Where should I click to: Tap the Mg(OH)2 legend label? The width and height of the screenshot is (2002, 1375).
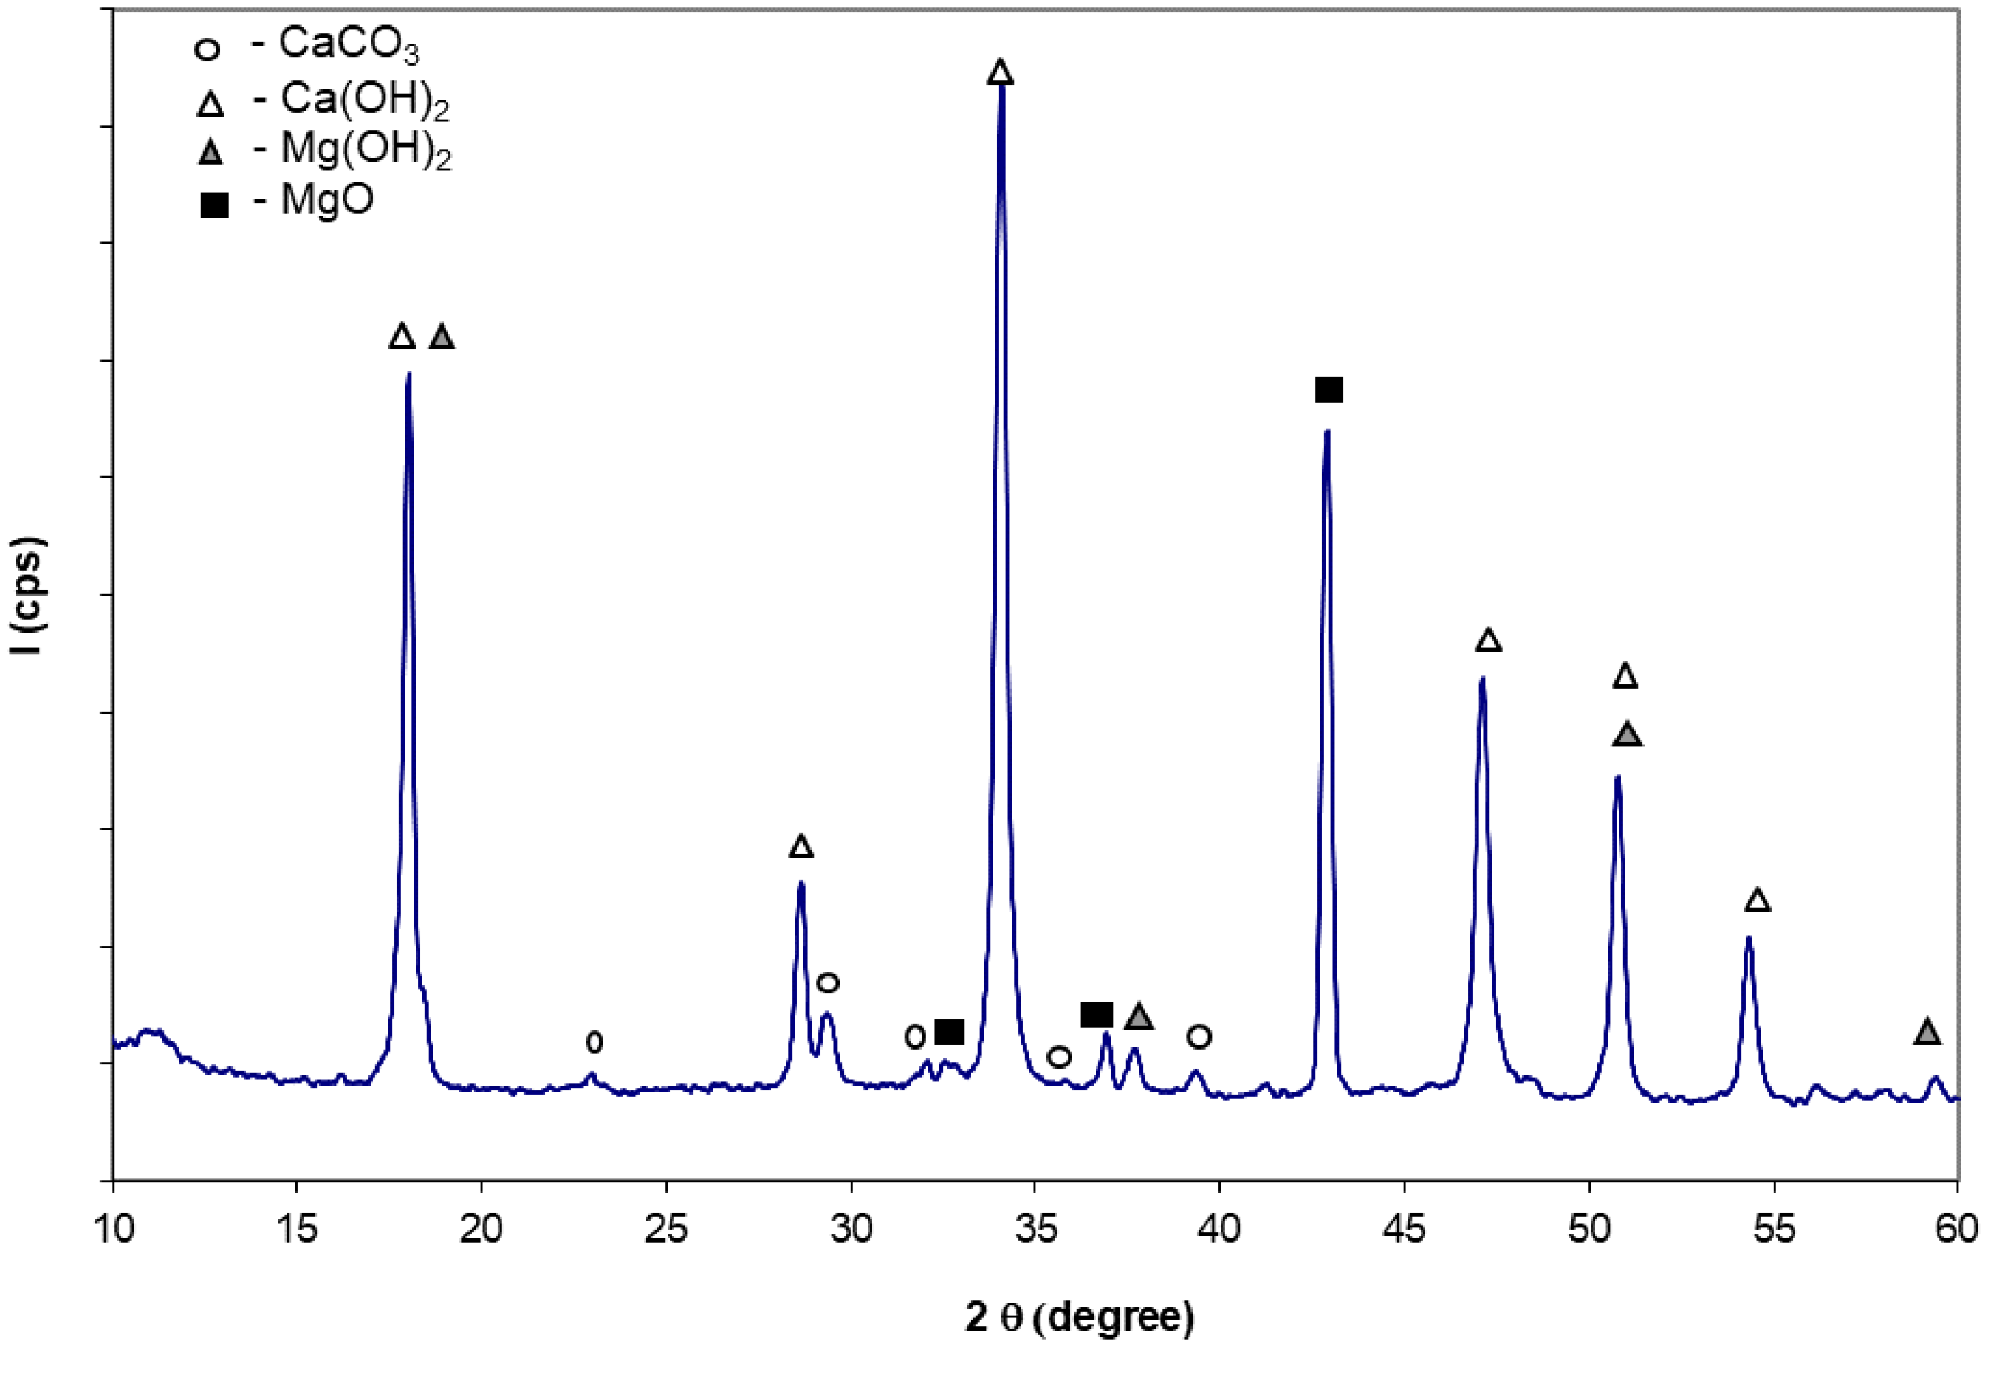pyautogui.click(x=366, y=151)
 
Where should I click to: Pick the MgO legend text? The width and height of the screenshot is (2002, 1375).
pyautogui.click(x=326, y=201)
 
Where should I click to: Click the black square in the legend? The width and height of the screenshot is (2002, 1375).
pyautogui.click(x=213, y=206)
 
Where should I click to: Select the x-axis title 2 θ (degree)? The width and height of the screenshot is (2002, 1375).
pyautogui.click(x=1079, y=1317)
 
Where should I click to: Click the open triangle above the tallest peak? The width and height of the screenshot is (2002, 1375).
pyautogui.click(x=1000, y=72)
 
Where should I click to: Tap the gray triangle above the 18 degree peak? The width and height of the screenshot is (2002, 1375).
pyautogui.click(x=442, y=337)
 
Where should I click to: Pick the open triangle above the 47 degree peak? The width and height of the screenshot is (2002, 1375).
pyautogui.click(x=1488, y=640)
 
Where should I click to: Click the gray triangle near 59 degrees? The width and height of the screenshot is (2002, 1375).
pyautogui.click(x=1928, y=1031)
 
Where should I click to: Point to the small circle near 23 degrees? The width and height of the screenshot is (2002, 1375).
pyautogui.click(x=594, y=1042)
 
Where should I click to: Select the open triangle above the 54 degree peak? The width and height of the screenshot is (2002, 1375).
pyautogui.click(x=1758, y=901)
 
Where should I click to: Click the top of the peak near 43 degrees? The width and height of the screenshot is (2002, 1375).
pyautogui.click(x=1327, y=433)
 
